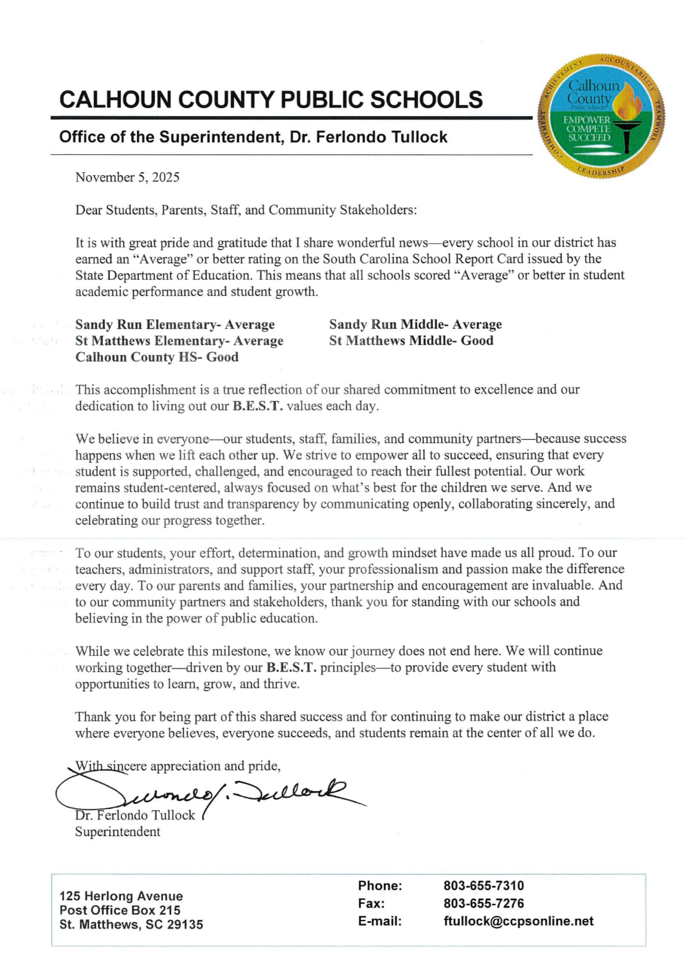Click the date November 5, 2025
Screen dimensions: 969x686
[x=127, y=177]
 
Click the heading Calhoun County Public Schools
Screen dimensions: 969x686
[x=271, y=100]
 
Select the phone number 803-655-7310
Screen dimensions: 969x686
[x=484, y=886]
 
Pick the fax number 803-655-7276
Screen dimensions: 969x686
[x=484, y=903]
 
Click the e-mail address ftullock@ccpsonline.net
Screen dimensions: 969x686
[x=518, y=921]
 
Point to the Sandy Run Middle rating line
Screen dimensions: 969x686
[x=415, y=325]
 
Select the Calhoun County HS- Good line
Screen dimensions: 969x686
[x=157, y=357]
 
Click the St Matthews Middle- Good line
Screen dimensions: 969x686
[x=411, y=341]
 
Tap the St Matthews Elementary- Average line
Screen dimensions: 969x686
[x=179, y=341]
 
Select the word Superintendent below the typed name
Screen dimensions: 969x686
[x=117, y=832]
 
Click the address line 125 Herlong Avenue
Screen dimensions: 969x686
[x=121, y=896]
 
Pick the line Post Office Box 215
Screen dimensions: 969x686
[x=120, y=910]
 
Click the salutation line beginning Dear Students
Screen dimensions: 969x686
[x=246, y=210]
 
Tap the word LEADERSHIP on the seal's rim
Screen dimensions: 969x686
[x=602, y=170]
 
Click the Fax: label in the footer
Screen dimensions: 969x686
[x=371, y=903]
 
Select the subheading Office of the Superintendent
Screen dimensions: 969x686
[x=253, y=137]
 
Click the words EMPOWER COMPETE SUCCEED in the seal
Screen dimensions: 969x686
[x=588, y=129]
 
